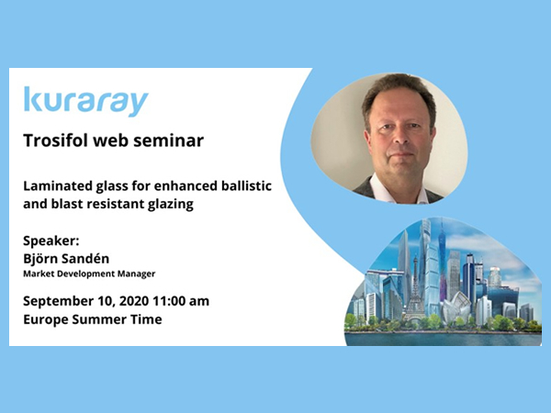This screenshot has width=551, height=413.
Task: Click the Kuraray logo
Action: (x=86, y=101)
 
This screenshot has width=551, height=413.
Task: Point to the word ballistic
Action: (x=246, y=185)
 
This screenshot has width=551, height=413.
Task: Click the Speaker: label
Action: (x=51, y=241)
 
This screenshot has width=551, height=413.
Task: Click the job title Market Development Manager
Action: (x=89, y=273)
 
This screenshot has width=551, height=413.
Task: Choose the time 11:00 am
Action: (x=181, y=301)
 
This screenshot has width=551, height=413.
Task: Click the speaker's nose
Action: (x=399, y=135)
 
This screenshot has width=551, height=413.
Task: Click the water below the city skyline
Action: (x=444, y=339)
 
